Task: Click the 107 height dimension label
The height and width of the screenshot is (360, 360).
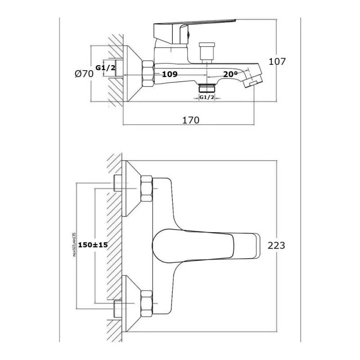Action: [277, 62]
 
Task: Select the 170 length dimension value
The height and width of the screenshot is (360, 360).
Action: [191, 120]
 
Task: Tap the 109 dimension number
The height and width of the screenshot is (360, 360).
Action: [169, 74]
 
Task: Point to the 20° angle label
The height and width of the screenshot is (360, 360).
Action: [230, 74]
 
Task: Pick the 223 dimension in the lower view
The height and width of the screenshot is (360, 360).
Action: [276, 245]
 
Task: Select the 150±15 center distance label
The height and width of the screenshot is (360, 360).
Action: [93, 245]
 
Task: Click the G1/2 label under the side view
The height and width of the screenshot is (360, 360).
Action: [207, 97]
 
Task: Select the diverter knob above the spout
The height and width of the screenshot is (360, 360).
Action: [207, 50]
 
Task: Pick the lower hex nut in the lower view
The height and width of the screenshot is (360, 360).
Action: [147, 302]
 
